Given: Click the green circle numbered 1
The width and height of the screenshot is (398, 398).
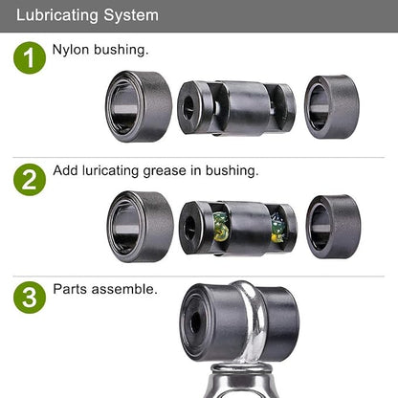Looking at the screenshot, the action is point(30,57).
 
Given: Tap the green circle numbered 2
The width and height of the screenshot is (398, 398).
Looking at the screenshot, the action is point(30,180).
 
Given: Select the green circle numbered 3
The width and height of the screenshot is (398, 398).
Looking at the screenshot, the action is point(30,298).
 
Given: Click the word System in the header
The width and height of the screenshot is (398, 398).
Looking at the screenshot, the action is point(131,15).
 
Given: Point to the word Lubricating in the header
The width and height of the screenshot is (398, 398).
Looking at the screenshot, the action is point(56,15).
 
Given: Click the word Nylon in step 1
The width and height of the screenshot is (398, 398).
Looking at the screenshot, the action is point(71,51).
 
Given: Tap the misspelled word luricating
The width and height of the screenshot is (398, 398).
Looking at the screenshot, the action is point(110,171).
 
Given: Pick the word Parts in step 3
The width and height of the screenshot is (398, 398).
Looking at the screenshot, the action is point(70,289).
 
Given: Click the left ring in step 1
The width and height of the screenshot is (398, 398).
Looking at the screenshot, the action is point(139,106).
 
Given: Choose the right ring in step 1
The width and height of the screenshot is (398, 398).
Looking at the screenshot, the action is point(332,107).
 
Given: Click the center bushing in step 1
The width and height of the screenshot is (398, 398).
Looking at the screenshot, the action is point(236,108).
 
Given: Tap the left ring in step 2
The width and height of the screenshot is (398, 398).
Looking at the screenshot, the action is point(140,227).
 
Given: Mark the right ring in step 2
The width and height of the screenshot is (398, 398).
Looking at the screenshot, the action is point(333,227).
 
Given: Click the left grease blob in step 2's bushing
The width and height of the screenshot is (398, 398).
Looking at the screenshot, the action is point(221,227).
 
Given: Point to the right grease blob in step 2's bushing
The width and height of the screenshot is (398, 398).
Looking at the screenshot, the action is point(277,228).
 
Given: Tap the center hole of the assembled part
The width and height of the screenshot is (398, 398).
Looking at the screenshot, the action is point(195,322).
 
